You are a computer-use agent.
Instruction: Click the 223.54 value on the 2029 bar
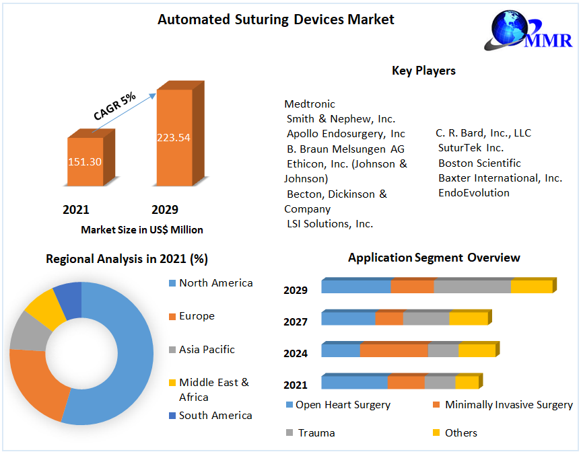point(174,138)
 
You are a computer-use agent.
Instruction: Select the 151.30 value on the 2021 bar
point(85,162)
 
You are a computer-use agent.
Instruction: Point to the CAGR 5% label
point(114,106)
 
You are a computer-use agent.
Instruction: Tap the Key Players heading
point(423,71)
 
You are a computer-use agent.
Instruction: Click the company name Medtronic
point(310,104)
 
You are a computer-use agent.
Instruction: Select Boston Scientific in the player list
point(479,163)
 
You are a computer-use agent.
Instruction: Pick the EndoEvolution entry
point(474,193)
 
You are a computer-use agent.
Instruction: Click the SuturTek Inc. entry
point(471,148)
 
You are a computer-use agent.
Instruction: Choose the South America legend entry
point(215,416)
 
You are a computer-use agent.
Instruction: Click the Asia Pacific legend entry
point(207,350)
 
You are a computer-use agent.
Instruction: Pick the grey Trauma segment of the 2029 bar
point(472,287)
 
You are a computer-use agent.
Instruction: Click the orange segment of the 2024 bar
point(394,350)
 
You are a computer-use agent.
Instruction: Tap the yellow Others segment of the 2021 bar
point(467,382)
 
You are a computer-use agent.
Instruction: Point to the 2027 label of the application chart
point(296,322)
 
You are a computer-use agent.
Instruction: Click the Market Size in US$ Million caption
point(142,230)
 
